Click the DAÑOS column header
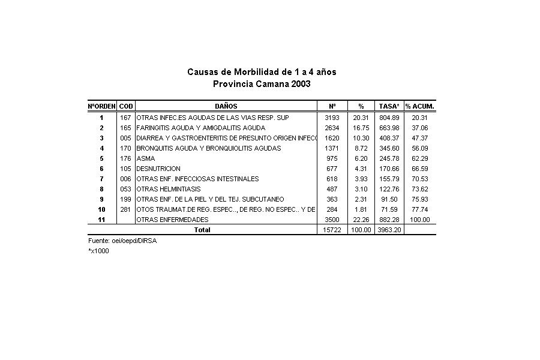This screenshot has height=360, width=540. [226, 106]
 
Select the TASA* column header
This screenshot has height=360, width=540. [389, 106]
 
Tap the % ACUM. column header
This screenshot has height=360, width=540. [419, 106]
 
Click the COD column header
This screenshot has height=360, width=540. [126, 106]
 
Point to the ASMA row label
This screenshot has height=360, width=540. [146, 158]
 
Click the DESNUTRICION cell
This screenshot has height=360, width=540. [158, 169]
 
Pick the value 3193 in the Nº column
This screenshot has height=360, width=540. [332, 118]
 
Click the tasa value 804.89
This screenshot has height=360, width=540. [390, 118]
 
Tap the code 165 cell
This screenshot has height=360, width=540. [125, 128]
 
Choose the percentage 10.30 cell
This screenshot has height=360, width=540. [361, 138]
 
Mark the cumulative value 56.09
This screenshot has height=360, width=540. [420, 148]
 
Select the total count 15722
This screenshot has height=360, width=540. [332, 230]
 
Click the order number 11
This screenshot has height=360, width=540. [101, 220]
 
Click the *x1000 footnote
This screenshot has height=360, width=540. [98, 251]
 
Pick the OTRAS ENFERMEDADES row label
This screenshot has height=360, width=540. [172, 220]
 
